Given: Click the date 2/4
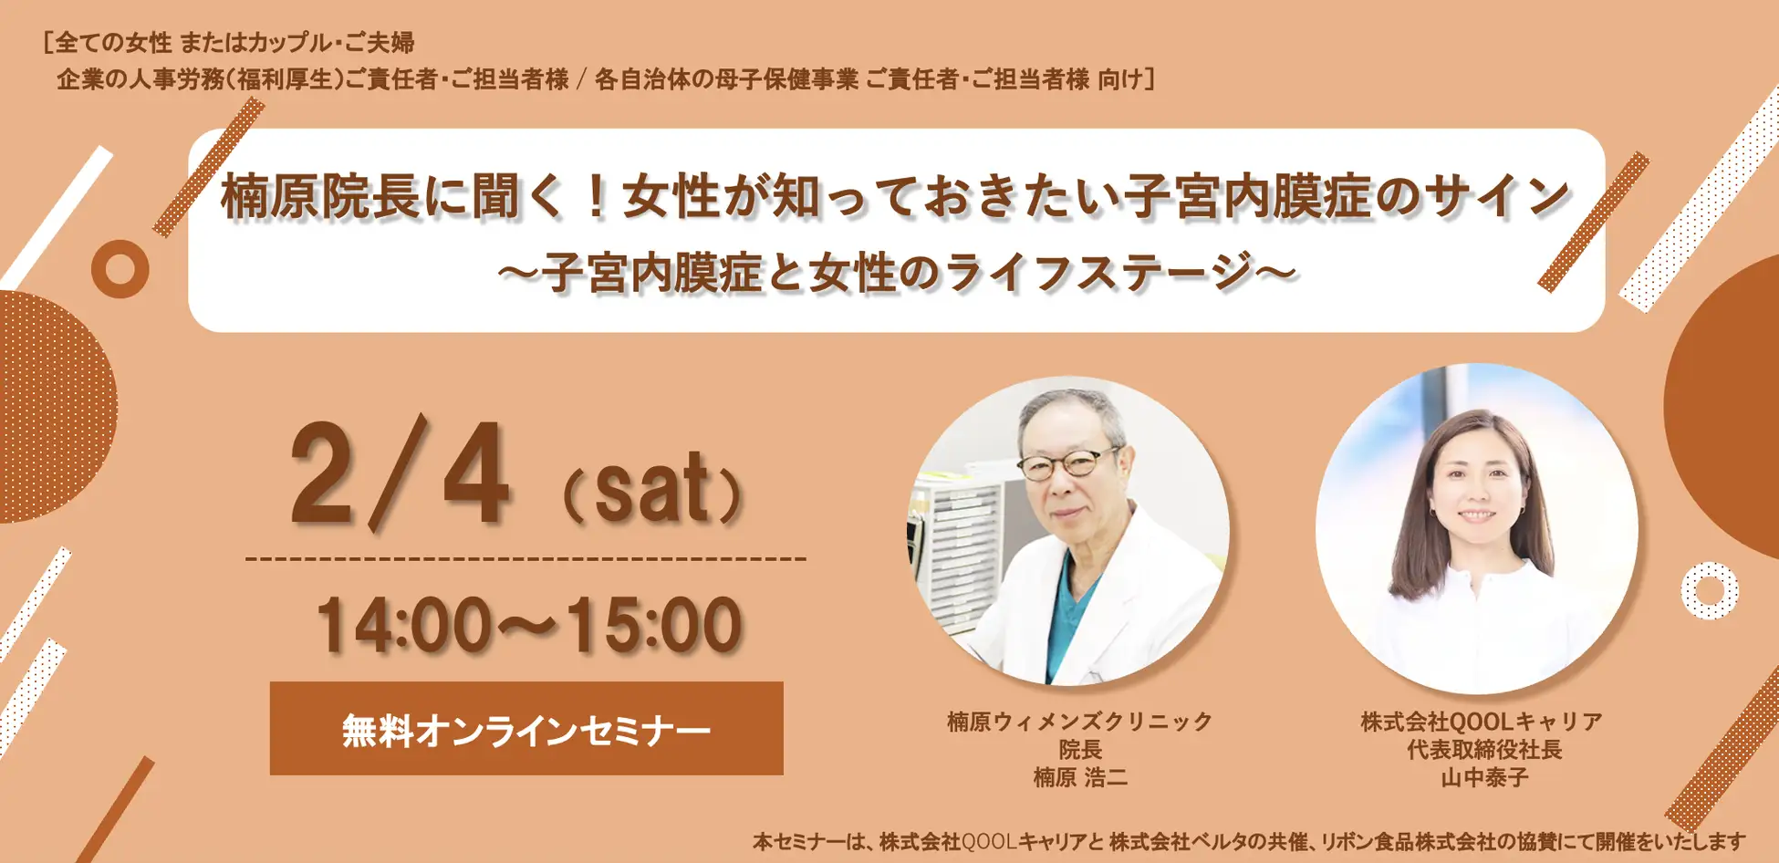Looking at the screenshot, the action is [x=399, y=474].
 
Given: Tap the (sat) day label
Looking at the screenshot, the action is [x=652, y=489].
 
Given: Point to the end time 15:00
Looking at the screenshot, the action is [x=653, y=626].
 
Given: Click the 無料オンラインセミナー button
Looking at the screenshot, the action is [x=526, y=729].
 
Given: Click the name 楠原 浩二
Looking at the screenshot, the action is [x=1080, y=778].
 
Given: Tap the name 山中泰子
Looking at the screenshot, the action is [x=1483, y=778].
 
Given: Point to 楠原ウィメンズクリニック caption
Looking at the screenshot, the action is [x=1080, y=722].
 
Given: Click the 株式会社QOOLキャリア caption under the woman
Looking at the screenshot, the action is [x=1482, y=722].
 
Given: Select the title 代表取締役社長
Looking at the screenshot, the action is [x=1483, y=750].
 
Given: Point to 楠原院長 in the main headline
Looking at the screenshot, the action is [x=321, y=197].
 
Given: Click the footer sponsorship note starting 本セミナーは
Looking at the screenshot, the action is [x=1249, y=841].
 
